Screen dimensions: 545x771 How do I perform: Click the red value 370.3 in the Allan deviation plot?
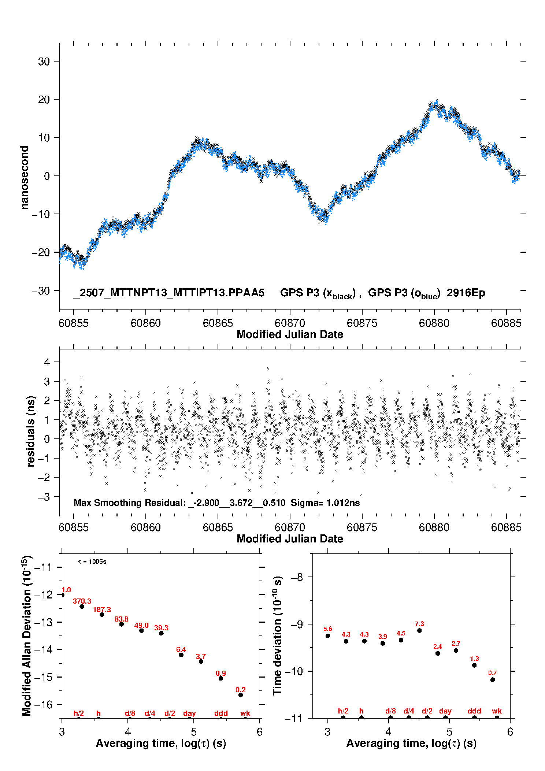(x=82, y=601)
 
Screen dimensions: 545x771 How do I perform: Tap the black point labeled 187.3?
(x=102, y=614)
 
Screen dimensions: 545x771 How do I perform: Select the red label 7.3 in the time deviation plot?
(x=419, y=623)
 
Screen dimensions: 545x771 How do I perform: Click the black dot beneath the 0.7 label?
(x=493, y=679)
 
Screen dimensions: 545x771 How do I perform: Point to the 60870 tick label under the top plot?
(x=290, y=323)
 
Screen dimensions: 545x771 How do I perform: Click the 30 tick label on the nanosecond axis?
(x=44, y=61)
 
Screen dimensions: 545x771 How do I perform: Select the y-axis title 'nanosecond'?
(x=24, y=178)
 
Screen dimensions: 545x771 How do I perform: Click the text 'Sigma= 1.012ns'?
(x=325, y=503)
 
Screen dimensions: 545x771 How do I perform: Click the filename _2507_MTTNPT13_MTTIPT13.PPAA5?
(x=169, y=293)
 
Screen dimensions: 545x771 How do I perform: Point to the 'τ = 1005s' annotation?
(x=92, y=561)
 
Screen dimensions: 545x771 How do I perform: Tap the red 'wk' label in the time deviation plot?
(x=497, y=711)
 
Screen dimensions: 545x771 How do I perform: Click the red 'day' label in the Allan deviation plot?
(x=189, y=713)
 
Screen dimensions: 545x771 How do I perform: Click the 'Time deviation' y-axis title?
(x=277, y=635)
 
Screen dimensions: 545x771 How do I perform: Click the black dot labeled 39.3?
(x=161, y=633)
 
